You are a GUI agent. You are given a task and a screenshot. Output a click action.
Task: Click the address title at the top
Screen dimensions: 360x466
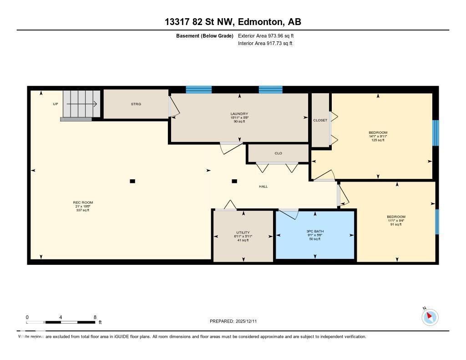coord(233,22)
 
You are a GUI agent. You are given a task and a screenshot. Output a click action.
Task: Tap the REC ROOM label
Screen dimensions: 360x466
coord(82,203)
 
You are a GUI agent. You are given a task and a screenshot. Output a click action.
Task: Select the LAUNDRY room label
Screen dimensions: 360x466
coord(239,114)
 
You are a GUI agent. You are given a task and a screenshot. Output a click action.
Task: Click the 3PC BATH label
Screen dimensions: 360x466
coord(315,231)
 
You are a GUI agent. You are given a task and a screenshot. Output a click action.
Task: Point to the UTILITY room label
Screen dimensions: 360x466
coord(243,233)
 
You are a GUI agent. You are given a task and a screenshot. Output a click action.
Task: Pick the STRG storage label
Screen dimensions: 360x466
coord(136,104)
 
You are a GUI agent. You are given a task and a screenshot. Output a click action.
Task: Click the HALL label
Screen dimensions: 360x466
coord(263,187)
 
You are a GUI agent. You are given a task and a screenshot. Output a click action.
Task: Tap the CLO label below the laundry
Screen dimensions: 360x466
coord(278,153)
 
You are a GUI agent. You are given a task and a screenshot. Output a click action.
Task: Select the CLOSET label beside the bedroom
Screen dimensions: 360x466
coord(320,120)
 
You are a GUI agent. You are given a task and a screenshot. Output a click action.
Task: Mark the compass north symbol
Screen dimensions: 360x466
coord(430,317)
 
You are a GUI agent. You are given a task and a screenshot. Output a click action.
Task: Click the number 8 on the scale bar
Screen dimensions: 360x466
coord(95,317)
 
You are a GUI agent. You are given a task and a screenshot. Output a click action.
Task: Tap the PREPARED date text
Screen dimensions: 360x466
coord(236,321)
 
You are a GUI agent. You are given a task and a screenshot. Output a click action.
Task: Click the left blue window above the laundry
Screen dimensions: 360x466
coord(199,89)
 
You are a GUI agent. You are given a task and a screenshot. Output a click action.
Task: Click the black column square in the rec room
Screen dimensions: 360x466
coord(132,181)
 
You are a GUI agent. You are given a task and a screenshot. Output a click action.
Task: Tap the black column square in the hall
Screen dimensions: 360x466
coord(234,181)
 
